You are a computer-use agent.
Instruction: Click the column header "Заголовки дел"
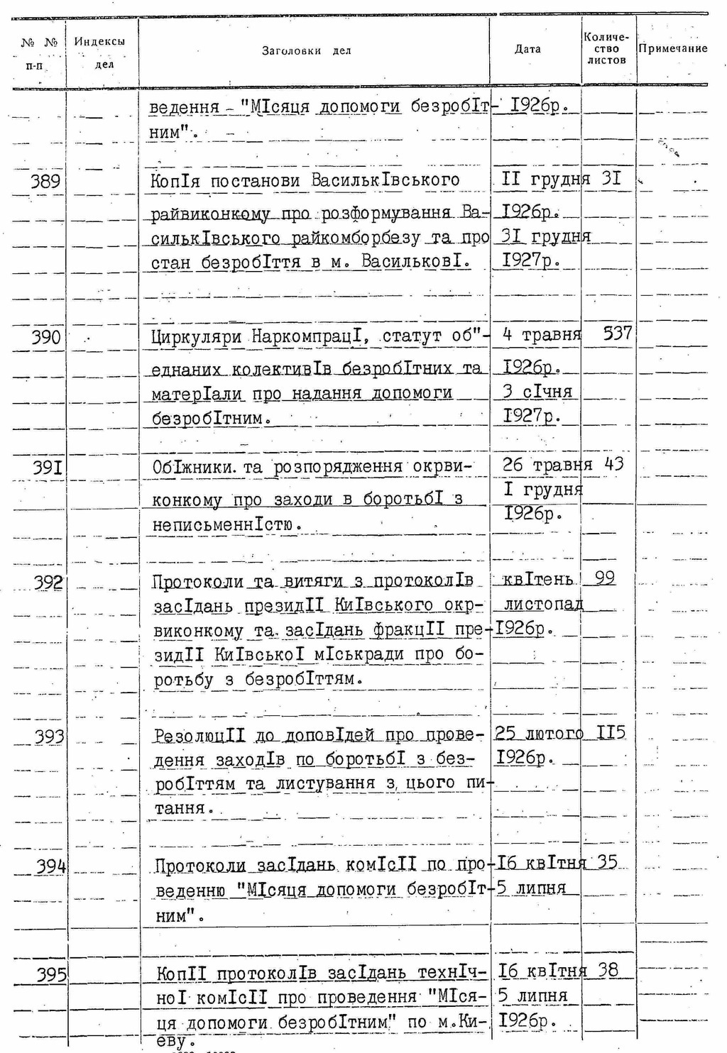point(306,51)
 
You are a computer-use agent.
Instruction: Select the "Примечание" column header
point(672,49)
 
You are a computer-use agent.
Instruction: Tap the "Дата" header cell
point(528,49)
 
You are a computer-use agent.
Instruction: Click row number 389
point(45,181)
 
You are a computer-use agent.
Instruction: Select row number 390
point(45,337)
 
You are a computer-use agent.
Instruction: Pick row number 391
point(48,468)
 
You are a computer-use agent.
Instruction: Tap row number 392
point(48,583)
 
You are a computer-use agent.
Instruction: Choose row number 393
point(49,737)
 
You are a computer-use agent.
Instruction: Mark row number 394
point(50,866)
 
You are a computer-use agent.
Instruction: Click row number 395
point(51,975)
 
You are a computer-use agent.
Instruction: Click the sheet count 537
point(616,333)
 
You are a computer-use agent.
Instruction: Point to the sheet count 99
point(605,578)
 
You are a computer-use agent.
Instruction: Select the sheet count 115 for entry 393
point(611,732)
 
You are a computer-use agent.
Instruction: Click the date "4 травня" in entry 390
point(541,334)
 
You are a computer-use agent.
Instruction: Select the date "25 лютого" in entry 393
point(538,733)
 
